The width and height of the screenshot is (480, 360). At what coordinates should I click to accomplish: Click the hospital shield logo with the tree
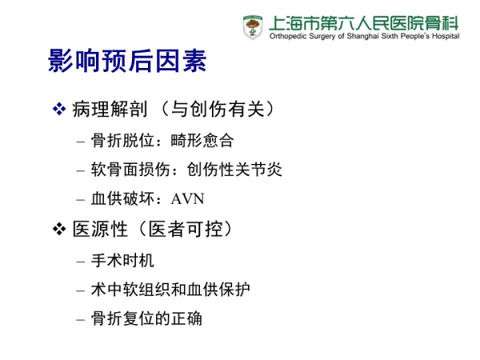(x=253, y=27)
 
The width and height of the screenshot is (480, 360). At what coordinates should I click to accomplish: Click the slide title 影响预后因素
(x=127, y=61)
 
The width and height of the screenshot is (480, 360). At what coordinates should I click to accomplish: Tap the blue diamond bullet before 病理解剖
(x=59, y=109)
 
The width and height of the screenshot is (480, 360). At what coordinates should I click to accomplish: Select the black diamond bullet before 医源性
(x=59, y=229)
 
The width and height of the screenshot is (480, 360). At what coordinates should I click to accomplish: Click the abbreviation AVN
(x=187, y=199)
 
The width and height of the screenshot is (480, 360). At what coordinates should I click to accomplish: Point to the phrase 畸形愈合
(x=202, y=141)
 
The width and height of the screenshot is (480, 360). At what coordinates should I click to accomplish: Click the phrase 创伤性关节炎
(x=234, y=170)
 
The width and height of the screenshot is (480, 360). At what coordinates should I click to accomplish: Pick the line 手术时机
(x=122, y=261)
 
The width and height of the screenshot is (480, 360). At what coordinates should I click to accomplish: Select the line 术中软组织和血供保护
(x=170, y=290)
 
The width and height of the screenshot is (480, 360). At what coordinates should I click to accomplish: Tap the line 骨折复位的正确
(x=146, y=318)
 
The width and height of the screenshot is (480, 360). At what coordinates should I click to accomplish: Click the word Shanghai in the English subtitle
(x=362, y=36)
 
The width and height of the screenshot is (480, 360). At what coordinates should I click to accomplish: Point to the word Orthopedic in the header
(x=288, y=36)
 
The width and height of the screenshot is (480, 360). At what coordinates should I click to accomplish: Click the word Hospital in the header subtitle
(x=446, y=36)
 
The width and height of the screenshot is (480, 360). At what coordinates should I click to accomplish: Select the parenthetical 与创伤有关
(x=218, y=110)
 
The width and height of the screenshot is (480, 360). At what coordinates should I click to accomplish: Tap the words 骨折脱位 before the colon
(x=122, y=141)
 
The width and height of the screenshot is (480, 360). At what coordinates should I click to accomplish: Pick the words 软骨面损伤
(x=130, y=170)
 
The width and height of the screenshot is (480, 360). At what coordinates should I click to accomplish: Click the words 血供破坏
(x=122, y=199)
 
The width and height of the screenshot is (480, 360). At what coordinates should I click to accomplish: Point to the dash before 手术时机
(x=81, y=262)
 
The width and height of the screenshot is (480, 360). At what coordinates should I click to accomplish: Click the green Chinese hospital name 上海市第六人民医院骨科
(x=364, y=22)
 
